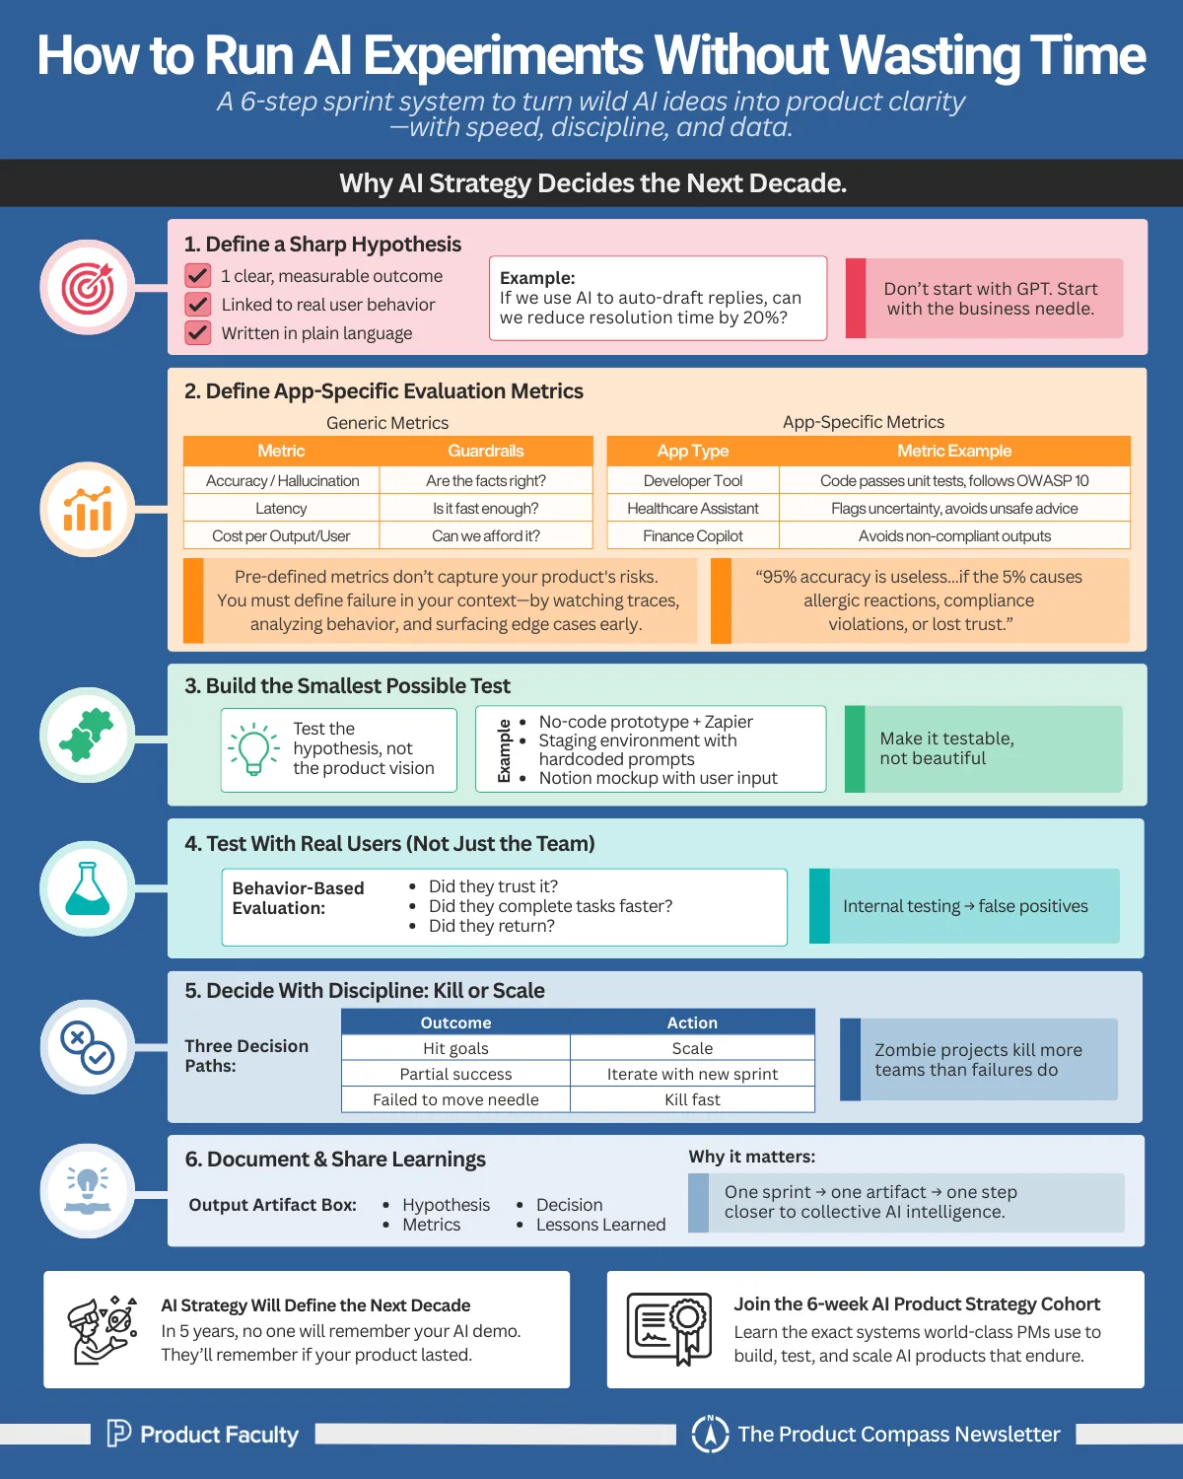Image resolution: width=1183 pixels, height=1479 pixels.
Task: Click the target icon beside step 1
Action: click(x=88, y=288)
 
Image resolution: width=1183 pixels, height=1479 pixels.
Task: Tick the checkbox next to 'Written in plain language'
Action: click(x=198, y=332)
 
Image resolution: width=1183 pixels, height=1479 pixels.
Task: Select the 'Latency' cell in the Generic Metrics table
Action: click(x=281, y=508)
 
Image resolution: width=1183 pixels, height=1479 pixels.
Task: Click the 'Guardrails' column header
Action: click(x=485, y=451)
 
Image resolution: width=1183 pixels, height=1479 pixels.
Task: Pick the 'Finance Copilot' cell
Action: click(x=693, y=535)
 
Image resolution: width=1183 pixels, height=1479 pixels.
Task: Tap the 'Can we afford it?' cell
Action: click(x=485, y=535)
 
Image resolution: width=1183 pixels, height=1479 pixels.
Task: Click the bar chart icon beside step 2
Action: click(x=88, y=509)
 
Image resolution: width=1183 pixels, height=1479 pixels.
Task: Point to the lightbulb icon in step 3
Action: click(x=253, y=749)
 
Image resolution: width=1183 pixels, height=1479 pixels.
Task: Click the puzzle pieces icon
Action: click(x=87, y=735)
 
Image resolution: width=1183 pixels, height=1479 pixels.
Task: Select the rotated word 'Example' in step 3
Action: click(x=504, y=750)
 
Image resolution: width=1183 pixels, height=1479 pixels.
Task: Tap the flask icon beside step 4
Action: click(x=88, y=888)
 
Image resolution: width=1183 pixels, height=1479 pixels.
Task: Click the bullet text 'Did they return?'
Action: click(x=492, y=926)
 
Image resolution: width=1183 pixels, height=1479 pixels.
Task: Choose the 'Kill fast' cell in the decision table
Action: click(x=692, y=1099)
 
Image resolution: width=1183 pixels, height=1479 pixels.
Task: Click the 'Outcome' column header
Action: click(x=455, y=1022)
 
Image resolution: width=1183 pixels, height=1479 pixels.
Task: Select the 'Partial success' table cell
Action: click(x=455, y=1074)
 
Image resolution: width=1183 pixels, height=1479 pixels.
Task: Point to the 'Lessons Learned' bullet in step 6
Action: click(x=600, y=1224)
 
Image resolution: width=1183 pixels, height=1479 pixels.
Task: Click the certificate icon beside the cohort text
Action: click(x=668, y=1329)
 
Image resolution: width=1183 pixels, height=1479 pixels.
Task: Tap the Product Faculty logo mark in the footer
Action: click(x=118, y=1433)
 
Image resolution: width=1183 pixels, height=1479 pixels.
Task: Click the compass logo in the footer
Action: click(x=710, y=1434)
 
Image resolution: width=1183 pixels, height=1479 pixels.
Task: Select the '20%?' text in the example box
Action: click(x=765, y=317)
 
